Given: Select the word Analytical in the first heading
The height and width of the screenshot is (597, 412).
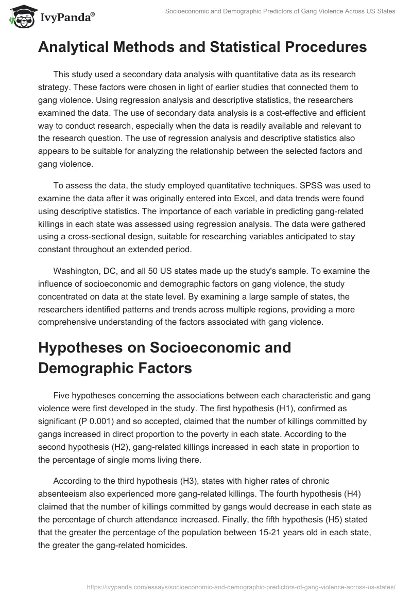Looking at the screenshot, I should [x=83, y=47].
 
